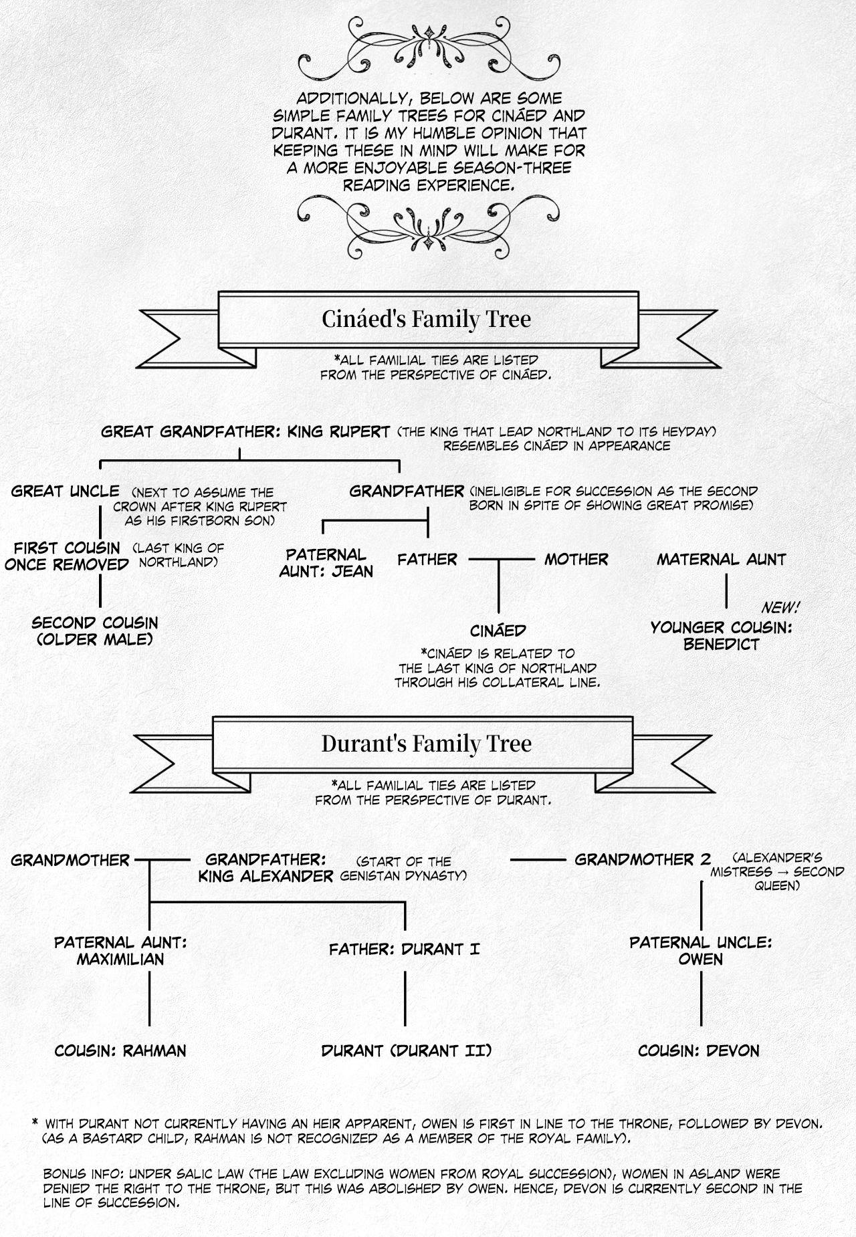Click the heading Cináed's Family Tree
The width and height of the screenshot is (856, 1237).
click(x=426, y=319)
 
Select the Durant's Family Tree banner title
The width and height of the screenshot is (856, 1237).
click(x=426, y=744)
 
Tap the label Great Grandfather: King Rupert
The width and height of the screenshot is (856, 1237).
click(x=245, y=432)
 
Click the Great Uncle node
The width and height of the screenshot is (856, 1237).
click(x=66, y=491)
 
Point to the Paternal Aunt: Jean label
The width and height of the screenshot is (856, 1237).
click(x=326, y=563)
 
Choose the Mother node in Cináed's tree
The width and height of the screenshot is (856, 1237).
click(x=576, y=560)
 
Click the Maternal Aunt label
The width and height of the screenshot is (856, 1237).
click(x=721, y=560)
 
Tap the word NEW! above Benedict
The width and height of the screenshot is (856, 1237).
click(x=780, y=608)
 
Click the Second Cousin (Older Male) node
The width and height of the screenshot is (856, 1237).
click(x=95, y=631)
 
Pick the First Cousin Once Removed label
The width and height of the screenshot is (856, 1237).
click(x=67, y=556)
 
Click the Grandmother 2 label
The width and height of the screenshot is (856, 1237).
click(x=643, y=860)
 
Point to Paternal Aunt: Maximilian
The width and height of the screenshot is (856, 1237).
click(x=120, y=951)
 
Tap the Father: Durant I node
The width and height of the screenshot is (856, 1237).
click(x=404, y=949)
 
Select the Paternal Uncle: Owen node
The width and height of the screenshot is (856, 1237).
click(x=701, y=951)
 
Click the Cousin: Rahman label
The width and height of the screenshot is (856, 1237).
click(x=120, y=1051)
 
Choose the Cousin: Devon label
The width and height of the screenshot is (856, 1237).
click(x=699, y=1051)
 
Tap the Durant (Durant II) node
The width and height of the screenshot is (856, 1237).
click(x=406, y=1051)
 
